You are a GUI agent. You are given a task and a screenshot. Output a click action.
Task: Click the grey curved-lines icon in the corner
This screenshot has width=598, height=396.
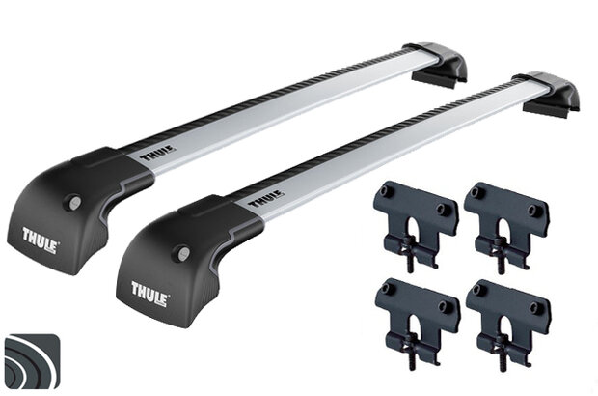34,363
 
